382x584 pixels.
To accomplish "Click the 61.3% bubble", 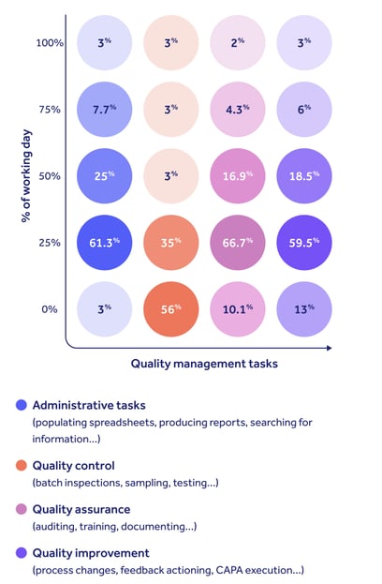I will coord(105,242).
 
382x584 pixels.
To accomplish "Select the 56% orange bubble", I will coord(171,308).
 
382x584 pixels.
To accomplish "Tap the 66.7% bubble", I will coord(238,242).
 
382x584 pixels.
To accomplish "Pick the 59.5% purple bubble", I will coord(304,242).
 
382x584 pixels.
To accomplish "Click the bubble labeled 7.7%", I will coord(105,109).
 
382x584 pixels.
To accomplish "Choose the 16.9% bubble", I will coord(238,175).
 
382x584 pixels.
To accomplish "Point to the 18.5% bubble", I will coord(304,175).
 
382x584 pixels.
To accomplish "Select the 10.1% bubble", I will coord(238,308).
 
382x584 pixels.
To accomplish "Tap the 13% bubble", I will coord(304,308).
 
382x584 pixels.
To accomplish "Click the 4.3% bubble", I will coord(238,109).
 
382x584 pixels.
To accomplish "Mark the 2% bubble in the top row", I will coord(238,42).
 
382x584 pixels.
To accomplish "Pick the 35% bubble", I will coord(171,242).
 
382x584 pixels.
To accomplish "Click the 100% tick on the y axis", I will coord(49,42).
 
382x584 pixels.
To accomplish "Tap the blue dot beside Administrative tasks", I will coord(21,406).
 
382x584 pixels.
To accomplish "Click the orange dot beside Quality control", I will coord(21,465).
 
